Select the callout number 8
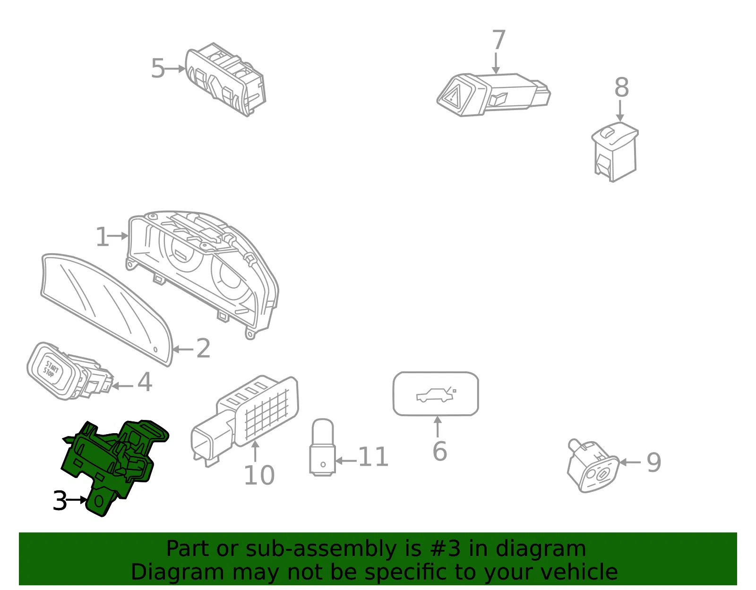click(x=621, y=87)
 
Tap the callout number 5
click(x=158, y=68)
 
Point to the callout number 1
click(x=102, y=237)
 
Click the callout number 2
click(x=203, y=348)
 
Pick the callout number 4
click(x=145, y=382)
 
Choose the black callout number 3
click(x=60, y=501)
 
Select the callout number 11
click(x=373, y=457)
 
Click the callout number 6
click(x=440, y=451)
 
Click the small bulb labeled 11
click(x=323, y=447)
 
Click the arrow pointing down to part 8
click(x=620, y=111)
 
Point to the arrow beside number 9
click(x=630, y=462)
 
